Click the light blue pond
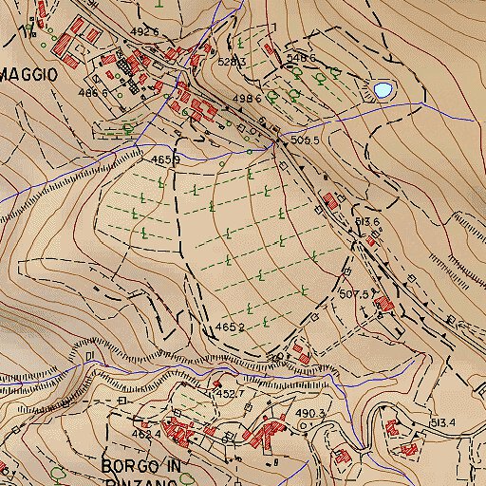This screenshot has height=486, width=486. point(383,89)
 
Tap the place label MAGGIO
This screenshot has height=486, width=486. point(28,73)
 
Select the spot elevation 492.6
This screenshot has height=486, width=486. point(143,32)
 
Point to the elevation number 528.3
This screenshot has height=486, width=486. point(232,62)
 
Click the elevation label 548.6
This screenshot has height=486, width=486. point(300,58)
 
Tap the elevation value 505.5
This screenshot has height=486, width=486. point(303,140)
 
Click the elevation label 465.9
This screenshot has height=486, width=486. point(165,160)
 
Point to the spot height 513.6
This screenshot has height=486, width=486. point(367,222)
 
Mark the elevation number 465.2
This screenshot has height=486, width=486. point(229,327)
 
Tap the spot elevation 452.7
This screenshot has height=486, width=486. point(230,393)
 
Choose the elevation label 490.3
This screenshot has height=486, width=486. point(310,414)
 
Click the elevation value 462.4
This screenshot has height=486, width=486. point(146,435)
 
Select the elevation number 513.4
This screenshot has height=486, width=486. point(443,422)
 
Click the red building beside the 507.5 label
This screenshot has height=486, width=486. point(383,304)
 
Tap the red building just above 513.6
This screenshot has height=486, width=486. point(331,200)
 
